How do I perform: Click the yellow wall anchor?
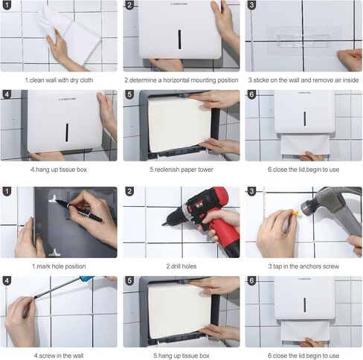pos(295,211)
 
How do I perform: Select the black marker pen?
pos(78,210)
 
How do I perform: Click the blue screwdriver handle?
pos(87,279)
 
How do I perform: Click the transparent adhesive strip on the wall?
pos(303,36)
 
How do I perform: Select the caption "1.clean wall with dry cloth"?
pos(60,79)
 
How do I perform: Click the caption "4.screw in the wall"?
pos(60,355)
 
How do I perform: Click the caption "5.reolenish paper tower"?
pos(181,169)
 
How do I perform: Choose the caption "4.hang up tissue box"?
pos(60,169)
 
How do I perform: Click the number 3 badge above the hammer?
pos(251,192)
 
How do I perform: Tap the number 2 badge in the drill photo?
pos(129,192)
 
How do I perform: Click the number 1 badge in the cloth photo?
pos(7,6)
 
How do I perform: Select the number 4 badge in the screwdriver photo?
pos(7,281)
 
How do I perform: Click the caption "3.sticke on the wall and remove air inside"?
pos(303,79)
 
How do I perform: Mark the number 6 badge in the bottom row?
pos(251,281)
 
